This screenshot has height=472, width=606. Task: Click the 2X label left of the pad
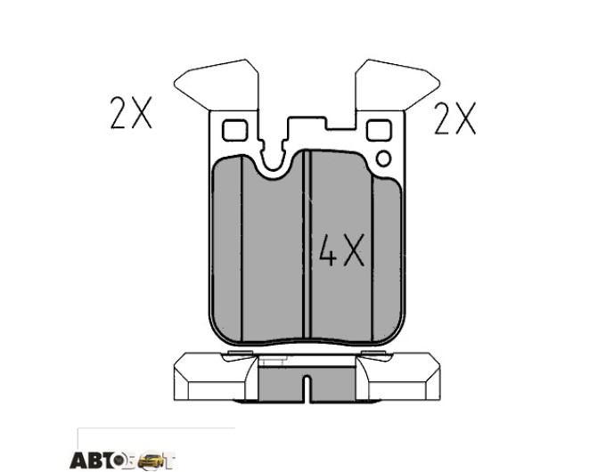pyautogui.click(x=131, y=112)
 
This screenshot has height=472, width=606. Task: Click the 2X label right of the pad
pyautogui.click(x=454, y=118)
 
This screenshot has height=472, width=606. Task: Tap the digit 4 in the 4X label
pyautogui.click(x=328, y=250)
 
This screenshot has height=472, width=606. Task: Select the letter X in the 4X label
pyautogui.click(x=354, y=250)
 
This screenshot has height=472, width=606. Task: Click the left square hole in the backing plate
pyautogui.click(x=234, y=130)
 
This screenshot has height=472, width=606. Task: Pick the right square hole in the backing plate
pyautogui.click(x=379, y=130)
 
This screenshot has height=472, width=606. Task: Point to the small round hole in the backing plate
pyautogui.click(x=384, y=159)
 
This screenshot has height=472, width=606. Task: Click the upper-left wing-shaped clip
pyautogui.click(x=216, y=85)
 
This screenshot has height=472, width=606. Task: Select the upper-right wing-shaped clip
pyautogui.click(x=397, y=85)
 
